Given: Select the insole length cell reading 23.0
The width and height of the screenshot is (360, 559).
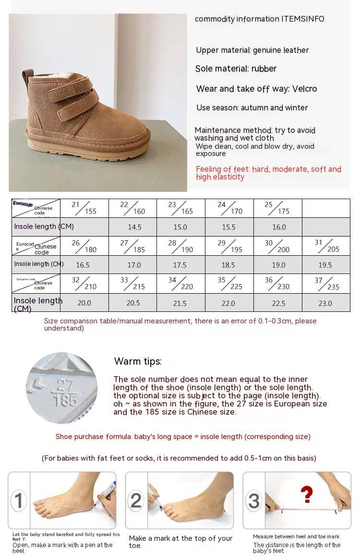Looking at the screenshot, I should (x=325, y=303).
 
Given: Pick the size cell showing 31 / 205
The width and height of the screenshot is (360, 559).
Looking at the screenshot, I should (x=326, y=246).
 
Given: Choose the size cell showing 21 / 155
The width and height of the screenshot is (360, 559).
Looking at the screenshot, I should (x=84, y=208).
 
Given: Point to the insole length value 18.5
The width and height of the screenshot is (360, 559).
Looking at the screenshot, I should (x=228, y=265).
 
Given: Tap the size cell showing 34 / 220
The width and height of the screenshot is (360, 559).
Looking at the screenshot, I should (x=180, y=283).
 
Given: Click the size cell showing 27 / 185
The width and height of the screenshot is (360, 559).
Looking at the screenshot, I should (x=132, y=246).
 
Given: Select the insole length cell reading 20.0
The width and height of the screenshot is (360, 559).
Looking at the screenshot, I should (x=84, y=303).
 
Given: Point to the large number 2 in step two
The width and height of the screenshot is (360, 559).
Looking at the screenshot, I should (x=136, y=500).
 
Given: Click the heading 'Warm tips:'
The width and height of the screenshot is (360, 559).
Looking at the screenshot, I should (x=138, y=361).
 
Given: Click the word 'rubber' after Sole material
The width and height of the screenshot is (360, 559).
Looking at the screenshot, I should (x=264, y=69).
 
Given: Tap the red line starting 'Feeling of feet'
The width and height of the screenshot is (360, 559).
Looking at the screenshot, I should (x=268, y=173).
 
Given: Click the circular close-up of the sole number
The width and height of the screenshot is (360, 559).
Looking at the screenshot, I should (x=61, y=388).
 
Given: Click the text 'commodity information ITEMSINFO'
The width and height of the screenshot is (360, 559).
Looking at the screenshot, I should (x=259, y=19).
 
